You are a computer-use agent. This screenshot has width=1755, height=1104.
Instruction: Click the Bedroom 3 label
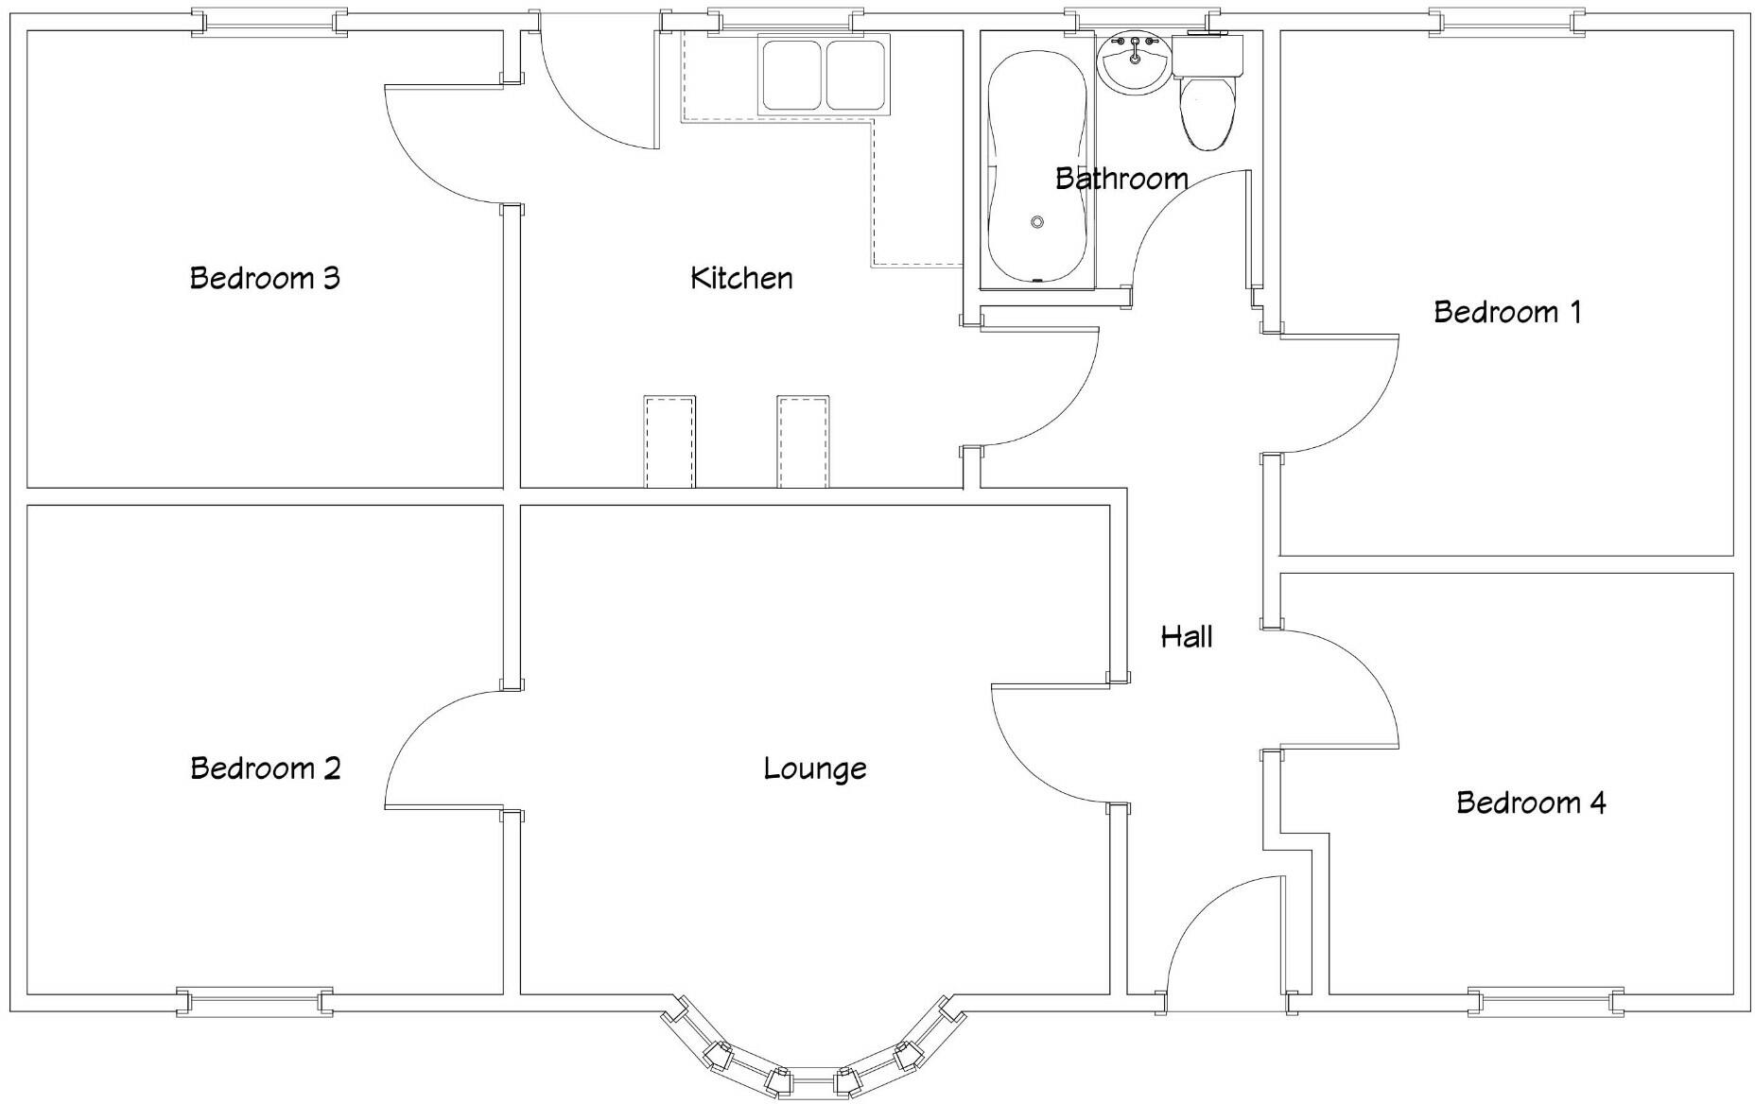(265, 278)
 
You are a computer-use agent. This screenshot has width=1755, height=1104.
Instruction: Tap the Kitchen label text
(741, 278)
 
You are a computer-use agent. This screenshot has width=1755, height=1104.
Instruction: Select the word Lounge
(814, 768)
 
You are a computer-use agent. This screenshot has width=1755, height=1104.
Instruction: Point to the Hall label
(1187, 636)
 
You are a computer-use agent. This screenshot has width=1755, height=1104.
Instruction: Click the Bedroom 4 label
(1530, 802)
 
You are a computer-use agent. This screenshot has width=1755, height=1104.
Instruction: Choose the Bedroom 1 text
(1507, 312)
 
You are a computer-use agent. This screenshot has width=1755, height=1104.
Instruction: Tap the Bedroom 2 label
(265, 768)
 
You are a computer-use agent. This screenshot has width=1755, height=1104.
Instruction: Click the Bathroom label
(1121, 178)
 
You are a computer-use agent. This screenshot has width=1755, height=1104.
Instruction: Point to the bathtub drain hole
(1037, 222)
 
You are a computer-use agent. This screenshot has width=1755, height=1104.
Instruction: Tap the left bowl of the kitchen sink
(791, 75)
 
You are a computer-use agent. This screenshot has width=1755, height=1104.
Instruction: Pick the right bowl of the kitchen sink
(857, 75)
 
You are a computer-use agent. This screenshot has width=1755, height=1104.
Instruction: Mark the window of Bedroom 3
(269, 22)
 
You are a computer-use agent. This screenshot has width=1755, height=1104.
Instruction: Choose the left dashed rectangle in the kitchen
(669, 441)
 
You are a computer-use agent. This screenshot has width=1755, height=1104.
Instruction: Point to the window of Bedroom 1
(1506, 22)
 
